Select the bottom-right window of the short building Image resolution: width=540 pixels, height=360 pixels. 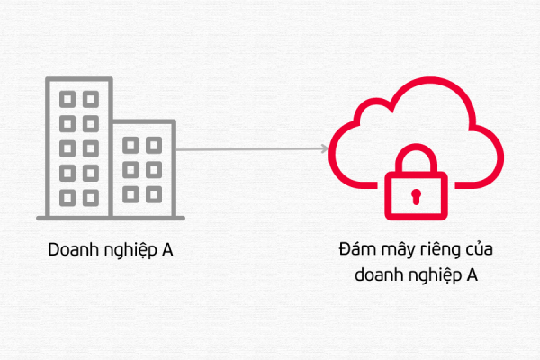pyautogui.click(x=154, y=193)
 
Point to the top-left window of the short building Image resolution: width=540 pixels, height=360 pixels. pyautogui.click(x=131, y=144)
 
